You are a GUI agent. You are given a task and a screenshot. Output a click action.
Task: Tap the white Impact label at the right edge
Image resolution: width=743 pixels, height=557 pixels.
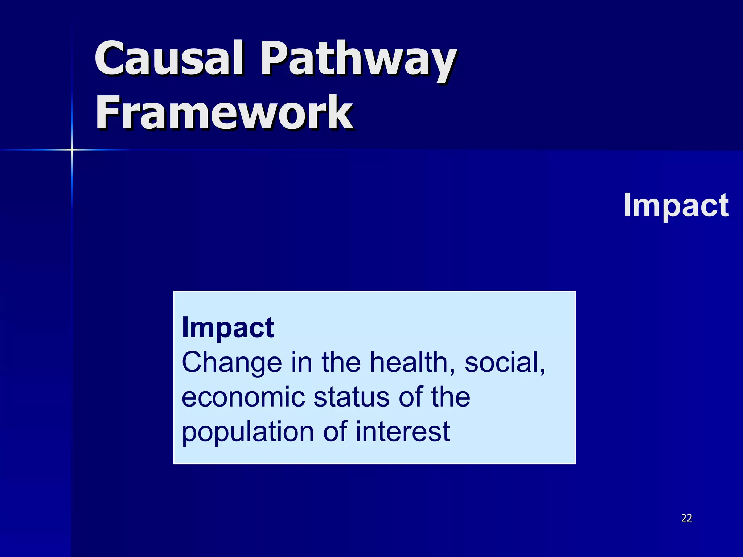tap(676, 205)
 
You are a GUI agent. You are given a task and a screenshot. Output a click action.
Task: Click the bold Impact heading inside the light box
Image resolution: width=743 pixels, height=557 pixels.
tap(227, 327)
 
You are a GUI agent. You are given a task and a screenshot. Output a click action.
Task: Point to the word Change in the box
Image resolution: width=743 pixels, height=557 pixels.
tap(232, 363)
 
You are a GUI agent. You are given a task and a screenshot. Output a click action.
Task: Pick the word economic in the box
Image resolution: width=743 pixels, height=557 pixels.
tap(243, 397)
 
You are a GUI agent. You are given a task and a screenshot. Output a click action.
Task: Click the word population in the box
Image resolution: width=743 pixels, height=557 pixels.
tap(248, 432)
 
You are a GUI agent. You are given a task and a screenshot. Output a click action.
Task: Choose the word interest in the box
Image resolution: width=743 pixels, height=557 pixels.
tap(402, 432)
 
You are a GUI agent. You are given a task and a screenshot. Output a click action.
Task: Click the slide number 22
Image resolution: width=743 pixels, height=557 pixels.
tap(686, 518)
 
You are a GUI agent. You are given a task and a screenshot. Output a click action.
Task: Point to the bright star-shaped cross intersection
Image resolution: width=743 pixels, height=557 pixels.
tap(72, 149)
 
